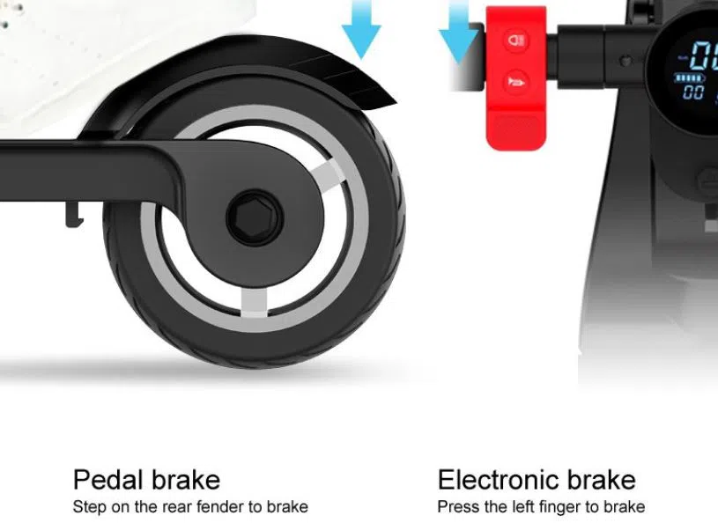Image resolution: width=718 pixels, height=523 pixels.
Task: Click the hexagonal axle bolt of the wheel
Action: tap(255, 217)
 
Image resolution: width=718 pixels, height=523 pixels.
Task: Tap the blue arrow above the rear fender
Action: tap(361, 28)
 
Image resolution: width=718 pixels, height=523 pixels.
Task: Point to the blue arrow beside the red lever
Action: tap(458, 31)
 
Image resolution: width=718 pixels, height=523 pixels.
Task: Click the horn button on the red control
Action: tap(516, 83)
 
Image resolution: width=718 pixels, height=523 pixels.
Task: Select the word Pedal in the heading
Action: tap(108, 480)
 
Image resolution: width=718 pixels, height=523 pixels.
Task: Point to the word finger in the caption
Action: tap(560, 506)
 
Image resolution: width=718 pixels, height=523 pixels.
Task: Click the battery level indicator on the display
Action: tap(690, 77)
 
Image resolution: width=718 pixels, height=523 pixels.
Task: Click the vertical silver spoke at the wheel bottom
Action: tap(254, 303)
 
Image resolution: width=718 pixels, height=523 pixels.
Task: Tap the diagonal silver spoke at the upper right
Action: tap(327, 174)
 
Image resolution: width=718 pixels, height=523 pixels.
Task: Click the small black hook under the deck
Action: tap(74, 214)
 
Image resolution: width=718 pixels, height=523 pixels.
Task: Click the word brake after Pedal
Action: tap(186, 480)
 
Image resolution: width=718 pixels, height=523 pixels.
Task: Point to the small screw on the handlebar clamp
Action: tap(625, 61)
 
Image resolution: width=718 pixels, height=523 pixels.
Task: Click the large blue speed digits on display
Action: tap(704, 55)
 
